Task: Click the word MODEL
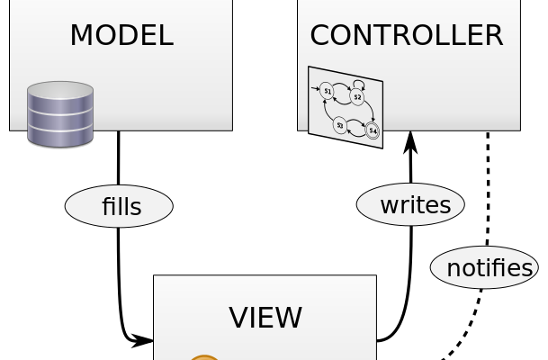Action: click(x=121, y=35)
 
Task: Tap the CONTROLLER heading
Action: click(x=406, y=35)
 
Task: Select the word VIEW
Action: click(x=265, y=318)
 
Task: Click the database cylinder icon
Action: click(x=60, y=114)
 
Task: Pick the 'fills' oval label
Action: click(x=120, y=206)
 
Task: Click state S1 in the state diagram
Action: click(x=328, y=91)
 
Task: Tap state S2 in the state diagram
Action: click(x=357, y=97)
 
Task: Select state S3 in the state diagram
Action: click(x=340, y=125)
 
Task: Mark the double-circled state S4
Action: click(x=373, y=131)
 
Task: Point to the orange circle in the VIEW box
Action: click(x=204, y=357)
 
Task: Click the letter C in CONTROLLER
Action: click(x=321, y=35)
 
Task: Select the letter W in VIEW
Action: click(x=290, y=318)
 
